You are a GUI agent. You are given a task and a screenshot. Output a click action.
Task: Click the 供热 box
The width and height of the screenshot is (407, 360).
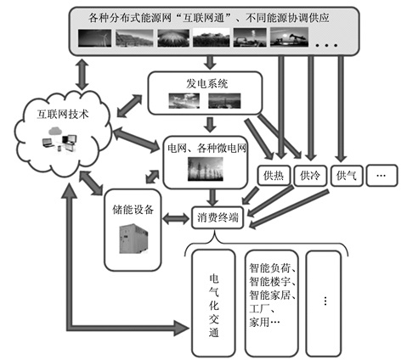tap(274, 176)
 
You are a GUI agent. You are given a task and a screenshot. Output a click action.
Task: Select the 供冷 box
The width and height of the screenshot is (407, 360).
tap(310, 176)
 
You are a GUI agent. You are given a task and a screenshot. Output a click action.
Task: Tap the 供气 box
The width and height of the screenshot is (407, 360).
tap(347, 176)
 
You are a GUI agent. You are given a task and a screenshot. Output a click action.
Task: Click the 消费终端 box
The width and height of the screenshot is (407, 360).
tap(218, 217)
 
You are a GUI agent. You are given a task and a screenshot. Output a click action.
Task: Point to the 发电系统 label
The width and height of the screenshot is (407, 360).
tap(206, 84)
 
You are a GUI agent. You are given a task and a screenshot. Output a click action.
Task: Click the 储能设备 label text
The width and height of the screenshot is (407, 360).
tap(133, 210)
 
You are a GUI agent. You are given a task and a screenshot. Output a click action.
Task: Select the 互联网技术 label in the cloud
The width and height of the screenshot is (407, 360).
tap(63, 114)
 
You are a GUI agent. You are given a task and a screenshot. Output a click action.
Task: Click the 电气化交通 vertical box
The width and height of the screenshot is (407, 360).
tap(214, 303)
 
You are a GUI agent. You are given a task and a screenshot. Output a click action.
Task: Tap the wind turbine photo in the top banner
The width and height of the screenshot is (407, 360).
tap(94, 38)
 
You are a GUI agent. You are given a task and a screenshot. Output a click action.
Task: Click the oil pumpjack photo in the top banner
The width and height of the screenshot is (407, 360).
tap(289, 37)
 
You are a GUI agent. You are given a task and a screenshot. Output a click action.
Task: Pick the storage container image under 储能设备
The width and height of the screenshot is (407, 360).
tap(133, 239)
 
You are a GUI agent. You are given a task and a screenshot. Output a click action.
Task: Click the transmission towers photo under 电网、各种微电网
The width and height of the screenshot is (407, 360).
tap(206, 169)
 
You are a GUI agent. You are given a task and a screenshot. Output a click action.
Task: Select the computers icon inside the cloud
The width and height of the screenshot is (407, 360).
tap(59, 140)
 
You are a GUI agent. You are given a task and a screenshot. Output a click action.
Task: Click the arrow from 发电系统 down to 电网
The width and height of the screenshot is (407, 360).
tap(210, 125)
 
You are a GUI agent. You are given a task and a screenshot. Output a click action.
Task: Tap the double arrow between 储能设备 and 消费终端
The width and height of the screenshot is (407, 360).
tap(176, 218)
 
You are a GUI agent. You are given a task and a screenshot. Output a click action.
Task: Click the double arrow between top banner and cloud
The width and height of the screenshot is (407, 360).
tap(82, 73)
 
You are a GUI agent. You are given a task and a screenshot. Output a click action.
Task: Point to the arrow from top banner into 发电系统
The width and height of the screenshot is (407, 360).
tap(210, 62)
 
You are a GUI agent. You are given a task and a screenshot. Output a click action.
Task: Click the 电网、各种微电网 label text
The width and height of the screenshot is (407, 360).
tap(206, 149)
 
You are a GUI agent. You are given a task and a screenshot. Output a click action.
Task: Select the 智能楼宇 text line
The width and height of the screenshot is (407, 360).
tap(273, 281)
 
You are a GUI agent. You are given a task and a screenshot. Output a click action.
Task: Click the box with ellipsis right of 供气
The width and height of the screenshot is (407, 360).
tap(382, 176)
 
